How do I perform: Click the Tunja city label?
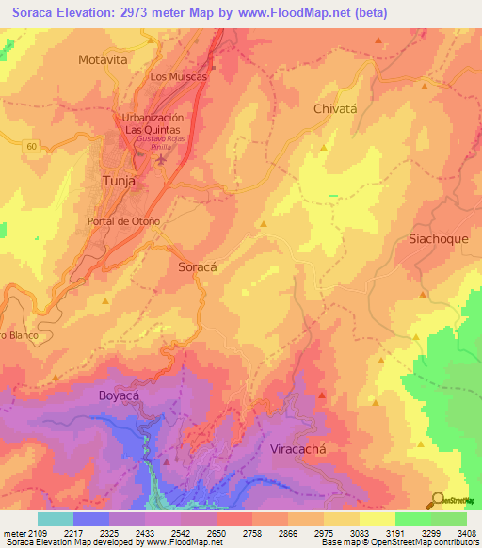pos(118,181)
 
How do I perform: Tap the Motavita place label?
pos(103,59)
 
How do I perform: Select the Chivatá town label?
pos(335,109)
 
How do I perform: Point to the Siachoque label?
pos(438,239)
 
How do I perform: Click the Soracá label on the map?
pos(198,267)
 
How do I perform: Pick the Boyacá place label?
pos(119,396)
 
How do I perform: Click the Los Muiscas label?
pos(178,77)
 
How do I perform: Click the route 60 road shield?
pos(31,146)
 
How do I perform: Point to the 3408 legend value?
pos(465,533)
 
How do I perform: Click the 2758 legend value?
pos(250,533)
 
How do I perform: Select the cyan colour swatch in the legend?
pos(55,519)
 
